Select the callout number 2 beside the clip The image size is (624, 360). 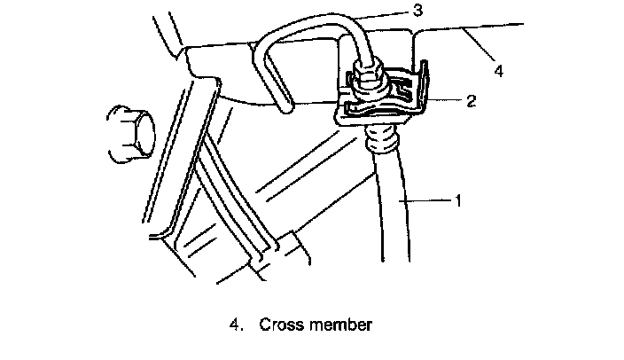[x=471, y=100]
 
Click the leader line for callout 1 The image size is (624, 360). [x=429, y=202]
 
